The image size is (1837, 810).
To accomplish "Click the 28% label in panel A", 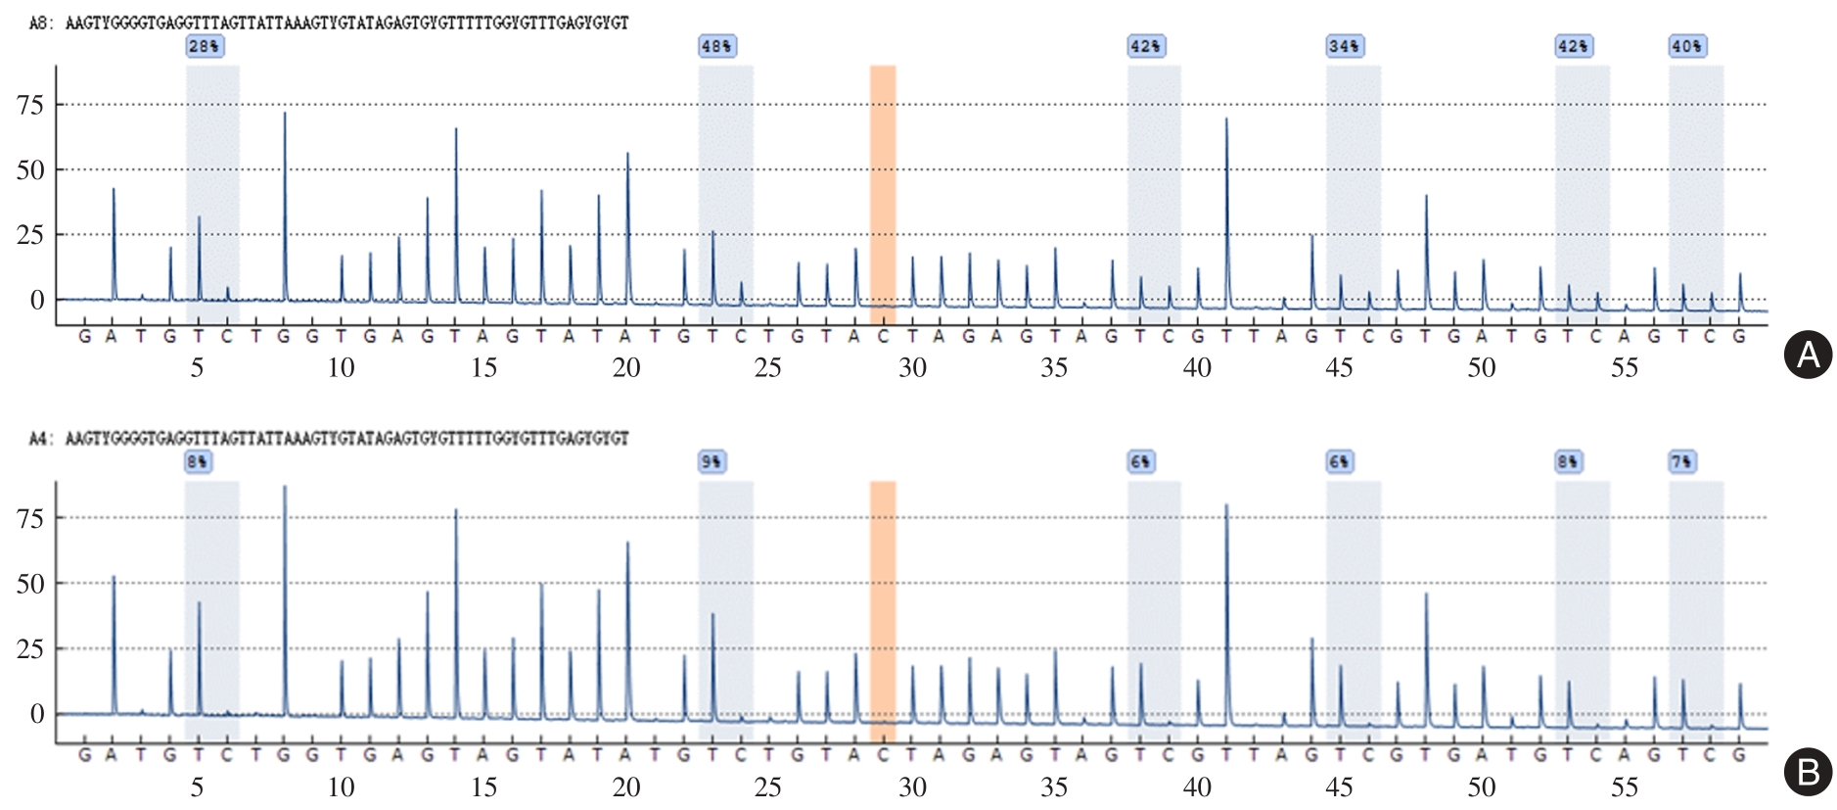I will [x=204, y=46].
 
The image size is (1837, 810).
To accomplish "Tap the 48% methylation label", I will [x=716, y=46].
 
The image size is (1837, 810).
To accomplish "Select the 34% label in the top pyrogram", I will [x=1344, y=46].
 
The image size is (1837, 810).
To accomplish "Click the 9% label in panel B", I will [x=712, y=461].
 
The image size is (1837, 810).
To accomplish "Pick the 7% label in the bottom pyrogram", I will [x=1681, y=461].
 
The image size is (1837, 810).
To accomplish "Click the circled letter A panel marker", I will [x=1808, y=355].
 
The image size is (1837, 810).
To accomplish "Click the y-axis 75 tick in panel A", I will [x=31, y=106].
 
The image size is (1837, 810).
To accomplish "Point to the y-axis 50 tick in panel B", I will [x=31, y=584].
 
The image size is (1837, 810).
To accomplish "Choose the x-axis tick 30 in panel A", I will [x=912, y=368].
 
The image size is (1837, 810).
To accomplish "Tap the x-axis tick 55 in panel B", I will [x=1625, y=786].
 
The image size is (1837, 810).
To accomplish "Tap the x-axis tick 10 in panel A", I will [x=341, y=368].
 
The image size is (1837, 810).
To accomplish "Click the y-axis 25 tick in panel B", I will [x=31, y=648].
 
